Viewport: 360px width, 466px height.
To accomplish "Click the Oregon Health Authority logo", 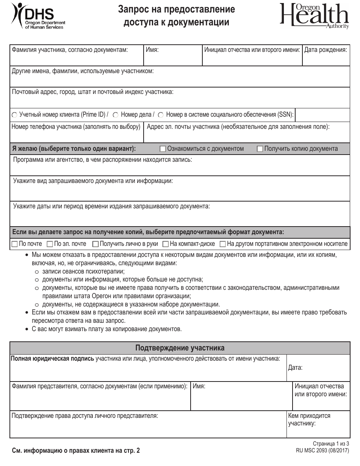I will tap(314, 16).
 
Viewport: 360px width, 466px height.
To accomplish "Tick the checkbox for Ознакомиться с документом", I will tap(163, 149).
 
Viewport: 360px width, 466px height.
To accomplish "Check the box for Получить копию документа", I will tap(260, 149).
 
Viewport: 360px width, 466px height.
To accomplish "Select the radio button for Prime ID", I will tap(15, 115).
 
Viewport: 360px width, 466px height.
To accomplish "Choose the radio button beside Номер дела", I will tap(116, 115).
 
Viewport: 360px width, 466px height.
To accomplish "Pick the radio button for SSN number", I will tap(161, 115).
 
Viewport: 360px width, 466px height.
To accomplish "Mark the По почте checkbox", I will tap(15, 244).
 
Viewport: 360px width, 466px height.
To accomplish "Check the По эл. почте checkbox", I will tap(50, 244).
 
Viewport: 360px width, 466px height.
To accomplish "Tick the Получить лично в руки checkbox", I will tap(95, 244).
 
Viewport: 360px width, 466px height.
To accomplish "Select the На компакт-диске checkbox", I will tap(166, 244).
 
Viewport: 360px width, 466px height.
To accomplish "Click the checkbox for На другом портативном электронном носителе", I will tap(223, 244).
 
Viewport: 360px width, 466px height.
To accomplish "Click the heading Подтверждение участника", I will tap(180, 348).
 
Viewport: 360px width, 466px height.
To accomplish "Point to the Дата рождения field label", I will tap(326, 50).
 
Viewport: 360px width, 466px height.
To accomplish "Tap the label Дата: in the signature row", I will tap(295, 367).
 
